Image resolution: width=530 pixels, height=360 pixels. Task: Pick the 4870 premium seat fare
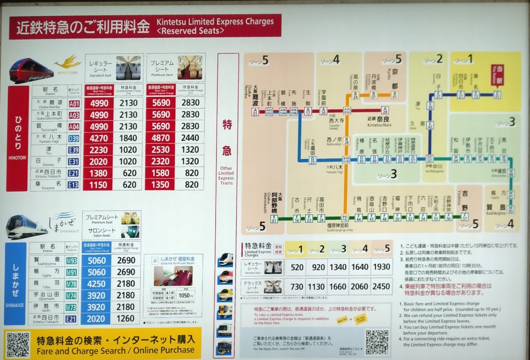coord(160,138)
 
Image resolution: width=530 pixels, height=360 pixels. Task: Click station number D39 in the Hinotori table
coord(74,138)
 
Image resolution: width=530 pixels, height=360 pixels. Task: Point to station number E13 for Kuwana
coord(74,184)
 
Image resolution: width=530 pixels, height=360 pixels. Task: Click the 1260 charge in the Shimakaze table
coord(126,319)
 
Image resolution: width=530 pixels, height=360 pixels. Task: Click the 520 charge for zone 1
coord(298,267)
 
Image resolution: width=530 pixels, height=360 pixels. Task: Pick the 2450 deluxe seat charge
coord(382,286)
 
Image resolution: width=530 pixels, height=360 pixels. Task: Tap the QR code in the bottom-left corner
coord(18,344)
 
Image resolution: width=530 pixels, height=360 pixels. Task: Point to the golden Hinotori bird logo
coord(67,63)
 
